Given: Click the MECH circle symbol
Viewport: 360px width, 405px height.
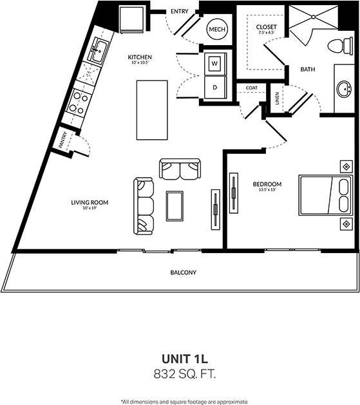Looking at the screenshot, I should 216,29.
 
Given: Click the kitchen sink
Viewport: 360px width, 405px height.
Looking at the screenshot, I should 98,51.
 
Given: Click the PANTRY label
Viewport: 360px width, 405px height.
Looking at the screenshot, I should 63,140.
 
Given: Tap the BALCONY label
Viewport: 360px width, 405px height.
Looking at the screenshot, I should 184,272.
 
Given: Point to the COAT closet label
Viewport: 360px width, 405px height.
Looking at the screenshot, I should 251,88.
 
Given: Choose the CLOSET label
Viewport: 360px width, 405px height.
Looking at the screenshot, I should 266,26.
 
